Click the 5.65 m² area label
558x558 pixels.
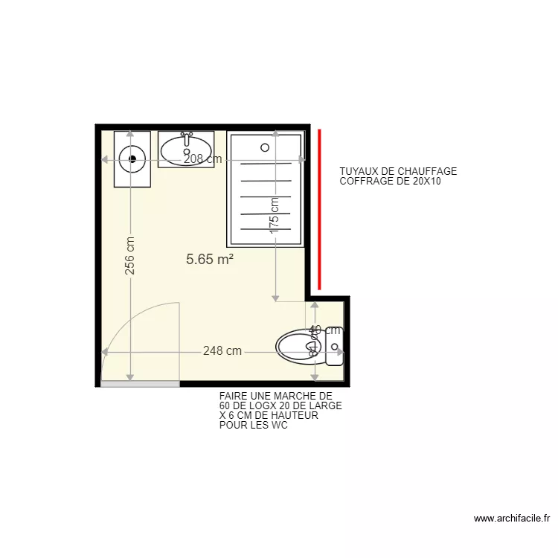click(x=210, y=260)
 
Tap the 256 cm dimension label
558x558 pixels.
click(x=130, y=256)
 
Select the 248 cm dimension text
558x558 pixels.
click(x=222, y=351)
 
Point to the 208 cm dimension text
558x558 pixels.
click(x=202, y=158)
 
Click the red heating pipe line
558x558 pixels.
click(x=320, y=208)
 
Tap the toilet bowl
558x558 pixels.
click(x=298, y=345)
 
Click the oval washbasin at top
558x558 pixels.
click(x=186, y=150)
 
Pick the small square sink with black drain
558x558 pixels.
click(x=132, y=158)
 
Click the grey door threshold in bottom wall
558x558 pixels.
click(x=140, y=384)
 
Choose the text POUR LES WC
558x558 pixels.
click(x=253, y=426)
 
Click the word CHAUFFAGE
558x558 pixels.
click(x=427, y=172)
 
